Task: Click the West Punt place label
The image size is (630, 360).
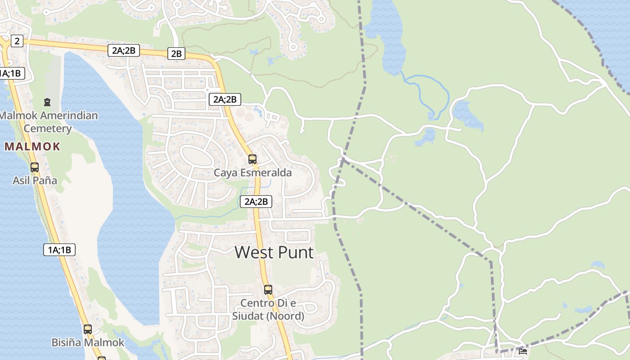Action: (274, 252)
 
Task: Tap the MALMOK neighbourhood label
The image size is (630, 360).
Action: (32, 146)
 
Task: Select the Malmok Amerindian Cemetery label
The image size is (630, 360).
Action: (48, 122)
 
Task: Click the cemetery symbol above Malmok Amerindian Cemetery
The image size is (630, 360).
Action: (47, 102)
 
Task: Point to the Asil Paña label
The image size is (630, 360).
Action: (35, 180)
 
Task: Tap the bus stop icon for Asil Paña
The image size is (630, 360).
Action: (35, 167)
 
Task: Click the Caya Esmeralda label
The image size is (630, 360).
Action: (252, 173)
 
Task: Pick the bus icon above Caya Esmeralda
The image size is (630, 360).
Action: (252, 159)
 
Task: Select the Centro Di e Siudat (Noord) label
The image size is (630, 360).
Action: (268, 310)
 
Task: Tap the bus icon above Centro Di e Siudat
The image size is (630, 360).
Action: (268, 289)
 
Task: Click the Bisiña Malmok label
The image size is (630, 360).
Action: (88, 342)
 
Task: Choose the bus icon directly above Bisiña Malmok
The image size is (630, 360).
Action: (88, 329)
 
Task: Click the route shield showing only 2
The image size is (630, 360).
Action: (17, 41)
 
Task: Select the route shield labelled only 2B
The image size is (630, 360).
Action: (176, 54)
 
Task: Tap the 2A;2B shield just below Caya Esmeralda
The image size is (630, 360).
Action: (256, 202)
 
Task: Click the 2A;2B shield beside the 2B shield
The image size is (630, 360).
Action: (123, 50)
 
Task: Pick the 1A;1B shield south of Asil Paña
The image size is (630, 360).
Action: (59, 250)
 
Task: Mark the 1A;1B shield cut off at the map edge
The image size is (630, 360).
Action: (11, 73)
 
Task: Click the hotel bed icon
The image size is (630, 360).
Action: (523, 351)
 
